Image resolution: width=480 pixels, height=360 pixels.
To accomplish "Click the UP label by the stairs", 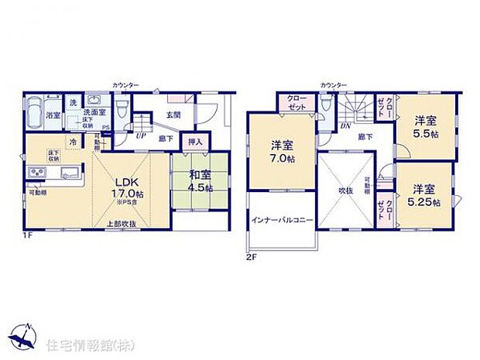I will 139,135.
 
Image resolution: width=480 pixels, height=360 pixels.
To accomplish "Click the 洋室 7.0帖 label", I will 281,151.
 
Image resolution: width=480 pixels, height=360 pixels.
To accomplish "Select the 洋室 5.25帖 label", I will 425,195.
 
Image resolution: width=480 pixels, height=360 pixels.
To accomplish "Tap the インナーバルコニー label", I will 281,221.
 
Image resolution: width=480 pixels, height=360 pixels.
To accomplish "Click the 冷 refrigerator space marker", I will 72,142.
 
